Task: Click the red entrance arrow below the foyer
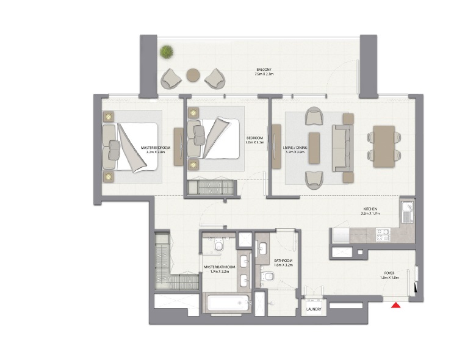(x=395, y=304)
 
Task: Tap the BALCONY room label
(x=264, y=70)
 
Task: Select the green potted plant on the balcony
(x=165, y=52)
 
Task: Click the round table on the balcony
(x=193, y=75)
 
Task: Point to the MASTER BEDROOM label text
(x=156, y=148)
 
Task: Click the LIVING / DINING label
(x=294, y=148)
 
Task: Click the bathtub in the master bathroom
(x=226, y=303)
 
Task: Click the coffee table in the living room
(x=314, y=148)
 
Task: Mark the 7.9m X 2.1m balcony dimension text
(x=264, y=74)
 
